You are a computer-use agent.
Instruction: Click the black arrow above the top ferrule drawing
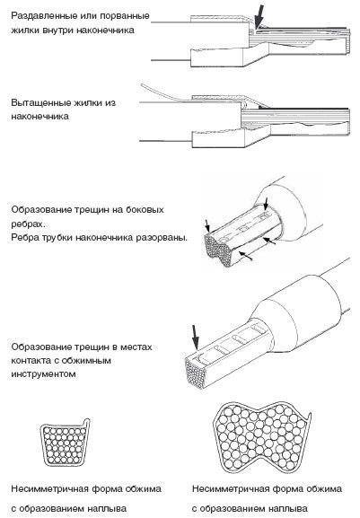[x=260, y=16]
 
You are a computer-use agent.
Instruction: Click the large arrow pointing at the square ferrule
[x=195, y=338]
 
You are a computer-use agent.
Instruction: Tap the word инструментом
[x=44, y=374]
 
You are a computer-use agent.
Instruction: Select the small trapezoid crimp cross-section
[x=65, y=443]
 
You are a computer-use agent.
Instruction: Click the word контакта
[x=31, y=361]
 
